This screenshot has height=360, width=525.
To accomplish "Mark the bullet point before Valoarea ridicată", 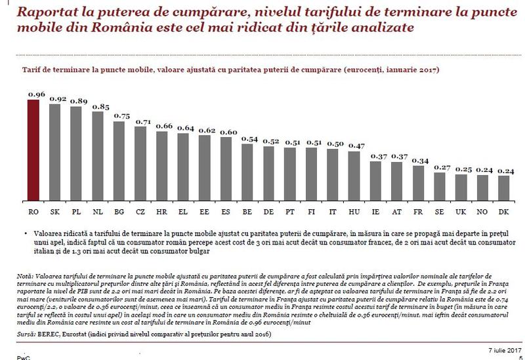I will pyautogui.click(x=24, y=233).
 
